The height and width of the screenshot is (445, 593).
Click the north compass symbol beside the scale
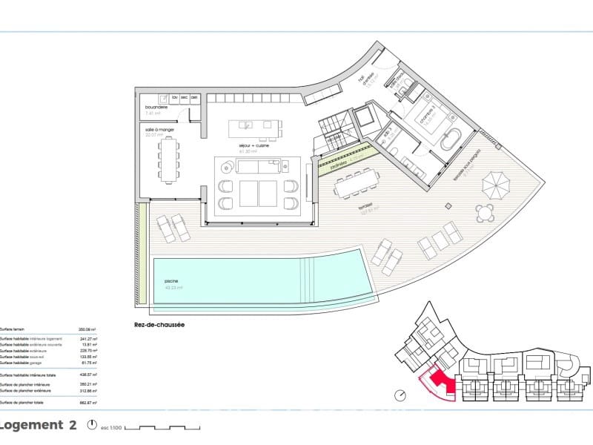[92, 426]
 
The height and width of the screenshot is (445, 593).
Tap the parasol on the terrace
[495, 182]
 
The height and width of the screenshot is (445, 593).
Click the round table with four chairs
[486, 214]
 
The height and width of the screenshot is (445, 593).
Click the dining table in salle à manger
[169, 160]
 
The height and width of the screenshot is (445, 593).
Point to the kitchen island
[256, 128]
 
